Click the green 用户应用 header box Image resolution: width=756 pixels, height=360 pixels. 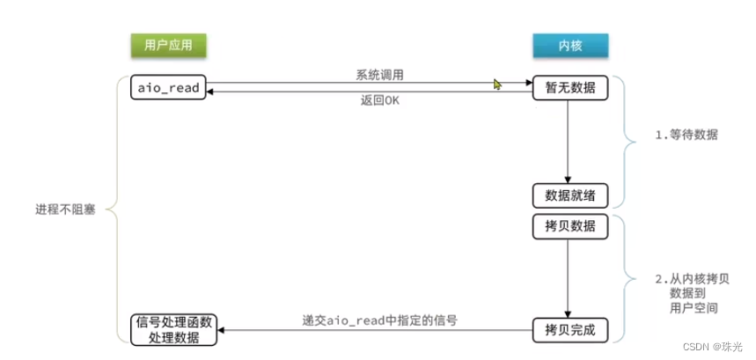point(168,43)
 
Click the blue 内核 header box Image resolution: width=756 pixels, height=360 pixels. point(569,43)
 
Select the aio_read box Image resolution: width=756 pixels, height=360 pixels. point(168,88)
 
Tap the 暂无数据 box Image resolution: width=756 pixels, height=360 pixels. point(569,88)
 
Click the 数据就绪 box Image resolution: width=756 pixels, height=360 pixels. point(569,195)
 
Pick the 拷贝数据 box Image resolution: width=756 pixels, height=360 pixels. point(569,225)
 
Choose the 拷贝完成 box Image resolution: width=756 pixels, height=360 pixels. point(569,331)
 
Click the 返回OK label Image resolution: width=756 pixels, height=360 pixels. point(380,100)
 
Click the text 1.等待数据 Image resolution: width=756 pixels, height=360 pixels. point(686,136)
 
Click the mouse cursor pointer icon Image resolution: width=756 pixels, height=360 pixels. point(497,84)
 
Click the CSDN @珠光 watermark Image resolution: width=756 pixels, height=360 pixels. point(716,347)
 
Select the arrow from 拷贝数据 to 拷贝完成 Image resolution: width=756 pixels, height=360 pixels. point(569,277)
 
